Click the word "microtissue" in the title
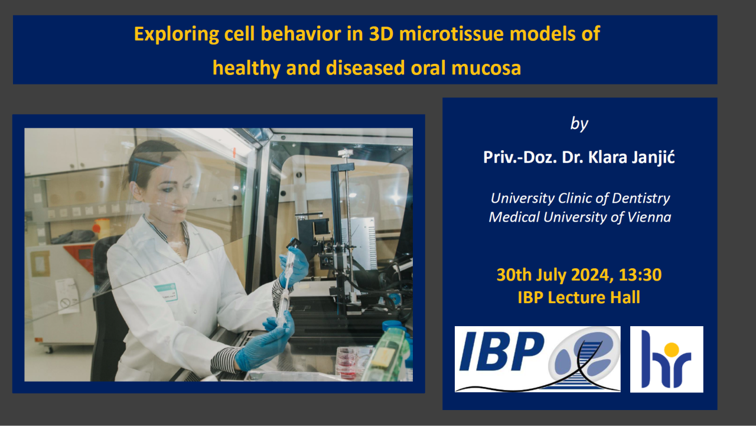(451, 34)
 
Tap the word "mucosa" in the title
(486, 68)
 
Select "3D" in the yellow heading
(381, 34)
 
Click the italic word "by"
(579, 124)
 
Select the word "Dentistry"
(641, 199)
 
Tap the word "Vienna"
(649, 217)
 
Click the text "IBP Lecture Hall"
(579, 297)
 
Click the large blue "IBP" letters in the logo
(502, 352)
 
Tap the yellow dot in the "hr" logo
(672, 349)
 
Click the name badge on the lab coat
(166, 292)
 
